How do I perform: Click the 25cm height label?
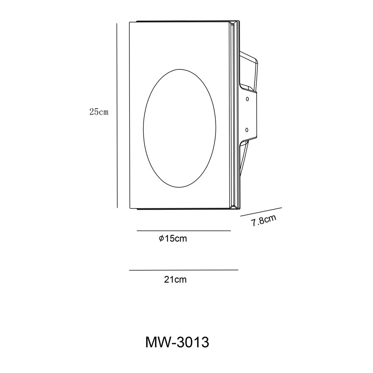point(99,112)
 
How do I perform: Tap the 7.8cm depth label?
point(264,221)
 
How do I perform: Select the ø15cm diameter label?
point(173,239)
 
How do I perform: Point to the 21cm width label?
point(175,279)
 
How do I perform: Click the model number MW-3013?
point(177,342)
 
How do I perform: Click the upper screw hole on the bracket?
point(247,99)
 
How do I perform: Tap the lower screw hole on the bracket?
point(247,130)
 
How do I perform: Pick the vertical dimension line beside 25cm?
point(117,116)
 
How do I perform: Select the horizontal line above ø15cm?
point(184,231)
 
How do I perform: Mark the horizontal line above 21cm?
point(184,270)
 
